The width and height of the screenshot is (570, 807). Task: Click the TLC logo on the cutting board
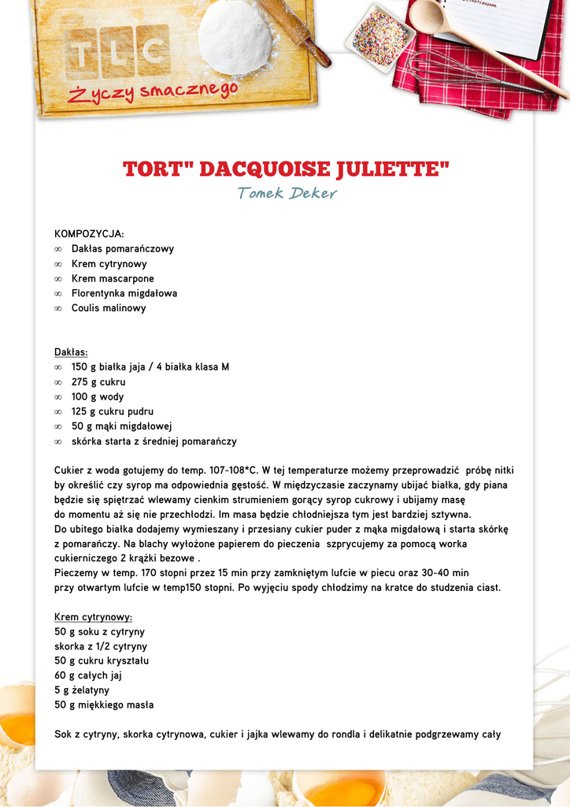(118, 51)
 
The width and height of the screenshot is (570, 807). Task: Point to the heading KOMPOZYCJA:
(89, 234)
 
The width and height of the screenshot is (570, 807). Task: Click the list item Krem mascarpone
(113, 278)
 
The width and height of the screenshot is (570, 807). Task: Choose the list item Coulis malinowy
(109, 308)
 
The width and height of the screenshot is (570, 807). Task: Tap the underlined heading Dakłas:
(71, 352)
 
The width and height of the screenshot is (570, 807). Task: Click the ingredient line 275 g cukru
(98, 382)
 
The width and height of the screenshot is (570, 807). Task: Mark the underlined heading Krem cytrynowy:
(93, 617)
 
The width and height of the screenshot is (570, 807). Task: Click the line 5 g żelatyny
(82, 690)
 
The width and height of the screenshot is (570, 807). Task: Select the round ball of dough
(235, 37)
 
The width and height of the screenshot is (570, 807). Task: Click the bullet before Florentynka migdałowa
(58, 294)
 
